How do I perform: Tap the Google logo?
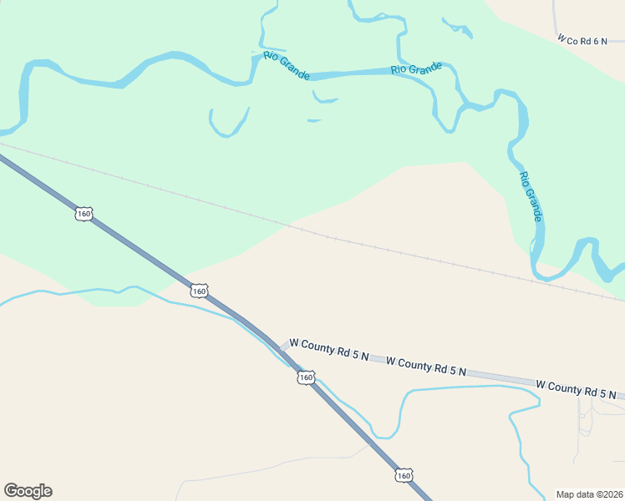[28, 491]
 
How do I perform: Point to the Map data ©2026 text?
[589, 494]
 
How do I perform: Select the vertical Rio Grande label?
[531, 197]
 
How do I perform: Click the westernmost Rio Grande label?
[287, 66]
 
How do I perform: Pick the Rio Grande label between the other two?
[416, 68]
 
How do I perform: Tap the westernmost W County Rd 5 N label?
[328, 350]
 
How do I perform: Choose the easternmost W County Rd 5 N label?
[576, 389]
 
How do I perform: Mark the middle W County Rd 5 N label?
[426, 366]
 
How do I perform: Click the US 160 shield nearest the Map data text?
[404, 475]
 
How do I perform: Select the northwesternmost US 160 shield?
[83, 214]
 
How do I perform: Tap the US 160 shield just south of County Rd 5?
[305, 377]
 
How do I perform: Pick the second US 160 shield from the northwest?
[198, 291]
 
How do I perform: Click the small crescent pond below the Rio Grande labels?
[324, 99]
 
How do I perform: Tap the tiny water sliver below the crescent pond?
[314, 121]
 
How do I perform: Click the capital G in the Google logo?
[11, 491]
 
